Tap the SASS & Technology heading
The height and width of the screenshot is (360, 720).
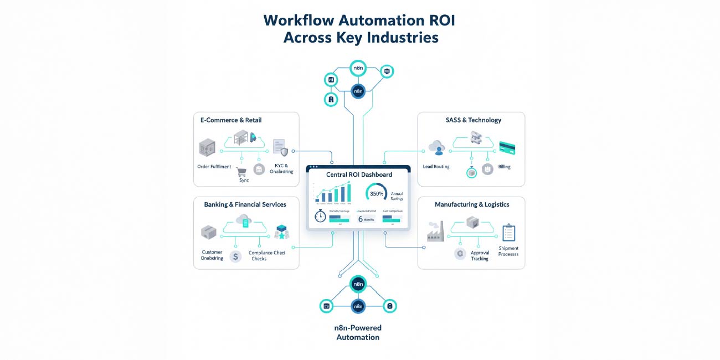click(473, 120)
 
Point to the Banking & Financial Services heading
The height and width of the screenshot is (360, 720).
click(245, 204)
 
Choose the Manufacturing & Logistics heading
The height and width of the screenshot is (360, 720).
click(472, 204)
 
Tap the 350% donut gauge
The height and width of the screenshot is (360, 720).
click(377, 193)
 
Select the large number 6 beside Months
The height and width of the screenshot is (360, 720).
click(361, 219)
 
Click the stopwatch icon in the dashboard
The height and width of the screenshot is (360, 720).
click(320, 217)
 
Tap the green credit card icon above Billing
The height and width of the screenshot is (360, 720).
click(507, 148)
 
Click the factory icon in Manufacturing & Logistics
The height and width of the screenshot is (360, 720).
click(435, 232)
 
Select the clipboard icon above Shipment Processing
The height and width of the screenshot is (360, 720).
click(508, 233)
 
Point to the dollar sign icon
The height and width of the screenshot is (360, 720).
click(236, 256)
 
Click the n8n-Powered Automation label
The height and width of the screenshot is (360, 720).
click(358, 332)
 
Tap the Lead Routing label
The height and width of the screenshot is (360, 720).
click(436, 167)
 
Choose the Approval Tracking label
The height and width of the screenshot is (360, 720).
click(480, 255)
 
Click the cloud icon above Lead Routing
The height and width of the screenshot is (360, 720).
click(436, 147)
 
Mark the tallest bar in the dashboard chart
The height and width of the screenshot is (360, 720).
click(349, 193)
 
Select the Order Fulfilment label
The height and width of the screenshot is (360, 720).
click(214, 167)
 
